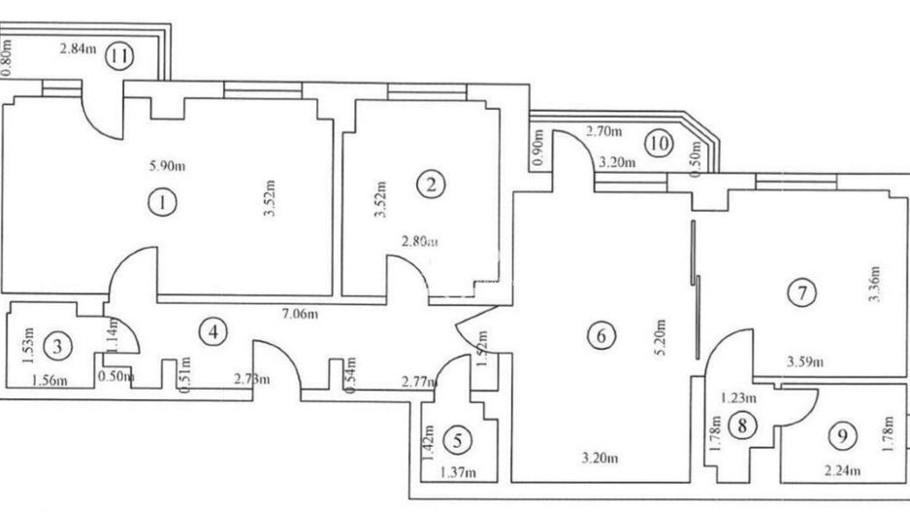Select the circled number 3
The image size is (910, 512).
click(x=60, y=344)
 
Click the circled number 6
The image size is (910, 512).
click(x=601, y=336)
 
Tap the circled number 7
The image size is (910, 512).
click(x=801, y=291)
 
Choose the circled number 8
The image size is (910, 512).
click(x=743, y=425)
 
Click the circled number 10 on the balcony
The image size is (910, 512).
click(x=660, y=145)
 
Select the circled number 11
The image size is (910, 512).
click(x=119, y=55)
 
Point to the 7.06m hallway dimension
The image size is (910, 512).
click(x=300, y=314)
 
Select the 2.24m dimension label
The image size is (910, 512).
click(x=841, y=473)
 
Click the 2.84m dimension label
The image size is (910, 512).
click(x=79, y=51)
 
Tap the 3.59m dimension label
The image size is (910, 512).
click(x=804, y=363)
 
